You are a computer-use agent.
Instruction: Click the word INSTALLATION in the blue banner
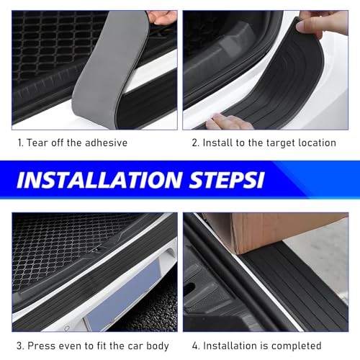pyautogui.click(x=99, y=179)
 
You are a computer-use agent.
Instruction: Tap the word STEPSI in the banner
pyautogui.click(x=227, y=179)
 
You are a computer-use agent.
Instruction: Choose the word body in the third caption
pyautogui.click(x=158, y=346)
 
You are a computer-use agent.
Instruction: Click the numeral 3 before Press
pyautogui.click(x=19, y=346)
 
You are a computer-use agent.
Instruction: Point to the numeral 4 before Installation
pyautogui.click(x=196, y=346)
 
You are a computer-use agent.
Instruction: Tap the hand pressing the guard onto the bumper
pyautogui.click(x=228, y=122)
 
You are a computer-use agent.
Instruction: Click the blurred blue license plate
pyautogui.click(x=125, y=297)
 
